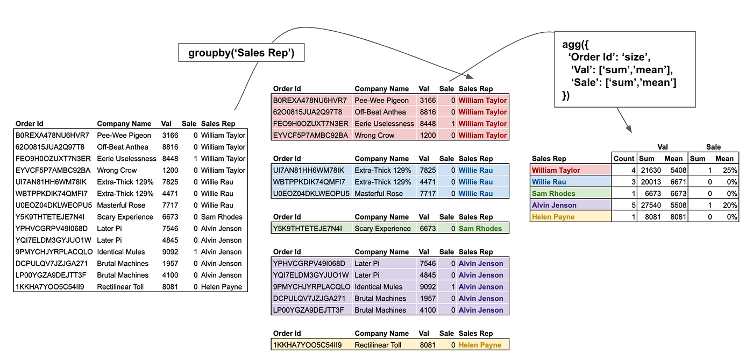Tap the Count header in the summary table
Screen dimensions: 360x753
[624, 159]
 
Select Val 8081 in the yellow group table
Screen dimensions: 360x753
[428, 345]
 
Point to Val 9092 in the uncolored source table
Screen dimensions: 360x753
[170, 252]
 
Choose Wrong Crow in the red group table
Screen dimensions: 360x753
[374, 136]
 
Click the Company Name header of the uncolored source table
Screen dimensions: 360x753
[124, 124]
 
